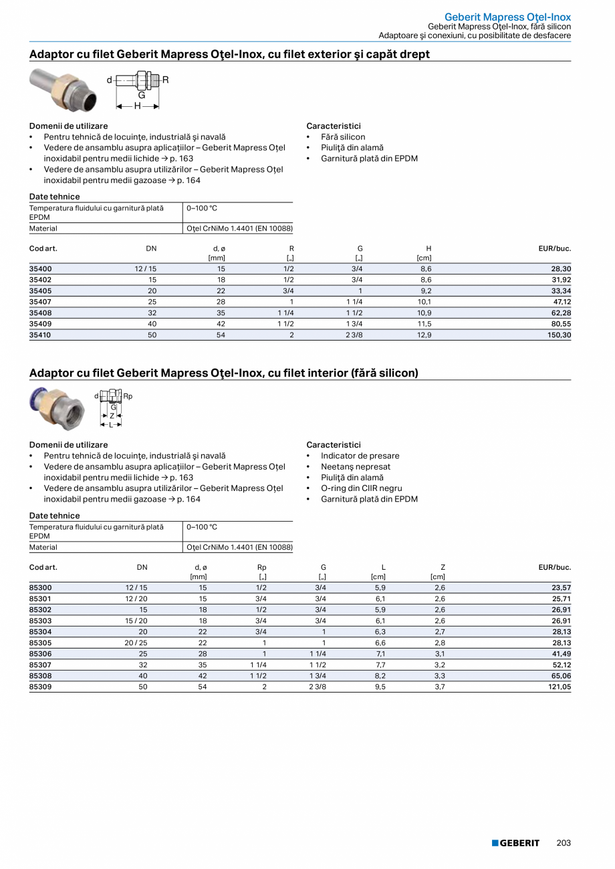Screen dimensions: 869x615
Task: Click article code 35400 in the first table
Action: (x=40, y=269)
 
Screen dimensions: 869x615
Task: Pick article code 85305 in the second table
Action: (x=40, y=643)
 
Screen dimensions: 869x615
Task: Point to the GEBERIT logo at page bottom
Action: (x=515, y=843)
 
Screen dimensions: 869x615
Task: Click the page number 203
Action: (x=564, y=843)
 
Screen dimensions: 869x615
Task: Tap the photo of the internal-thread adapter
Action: (x=57, y=408)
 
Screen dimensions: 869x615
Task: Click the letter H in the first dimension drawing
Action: (x=137, y=106)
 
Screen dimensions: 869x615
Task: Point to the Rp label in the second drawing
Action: (x=128, y=397)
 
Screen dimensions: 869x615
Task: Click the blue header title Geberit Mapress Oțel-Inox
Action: (x=507, y=17)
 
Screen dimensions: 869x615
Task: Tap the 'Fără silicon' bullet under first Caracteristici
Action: (x=343, y=137)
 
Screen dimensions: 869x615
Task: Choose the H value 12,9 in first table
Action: (x=424, y=335)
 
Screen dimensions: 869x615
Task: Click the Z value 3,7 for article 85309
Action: (x=439, y=687)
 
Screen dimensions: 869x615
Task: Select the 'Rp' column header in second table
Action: (x=262, y=568)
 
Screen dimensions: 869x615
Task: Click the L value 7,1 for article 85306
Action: (x=380, y=653)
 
